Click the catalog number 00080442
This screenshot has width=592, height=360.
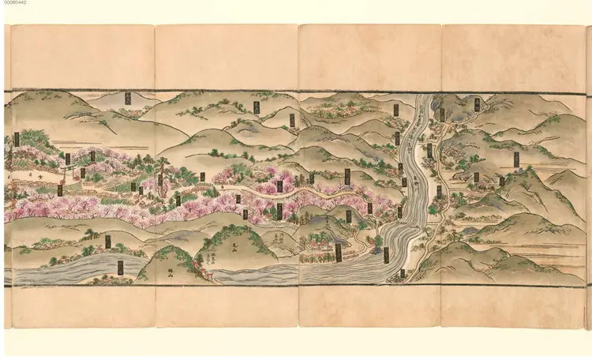pos(14,4)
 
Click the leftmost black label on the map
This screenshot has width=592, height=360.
pos(17,140)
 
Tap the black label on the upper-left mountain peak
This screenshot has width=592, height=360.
pos(128,98)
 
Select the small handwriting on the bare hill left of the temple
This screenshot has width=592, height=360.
pos(280,237)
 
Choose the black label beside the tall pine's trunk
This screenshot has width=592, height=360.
pos(159,180)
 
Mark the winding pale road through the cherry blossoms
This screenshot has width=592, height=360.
pos(260,192)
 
